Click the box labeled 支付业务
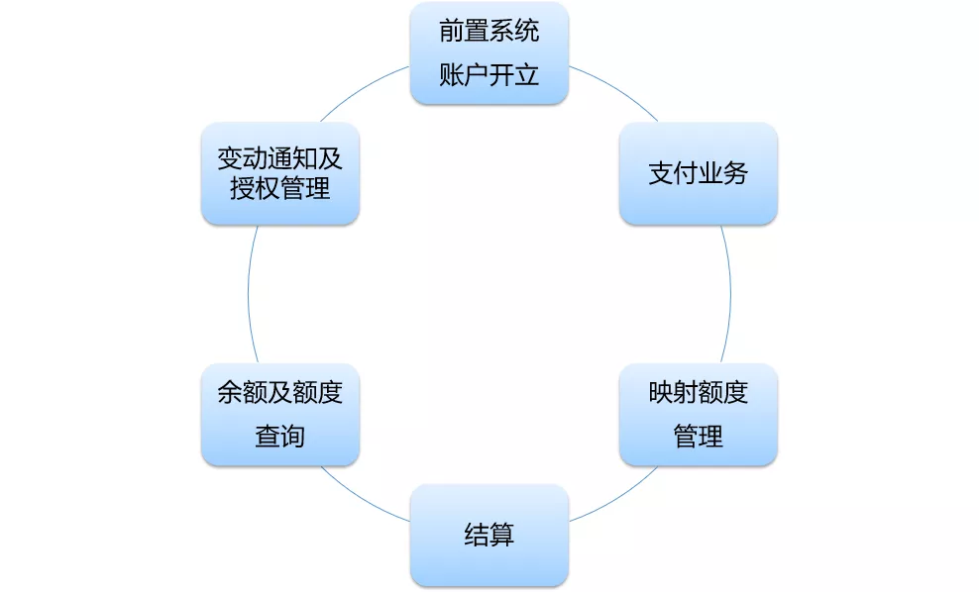tap(698, 173)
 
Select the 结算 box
tap(489, 535)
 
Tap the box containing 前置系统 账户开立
tap(489, 53)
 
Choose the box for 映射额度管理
tap(698, 414)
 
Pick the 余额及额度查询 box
tap(279, 414)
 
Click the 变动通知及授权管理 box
tap(279, 173)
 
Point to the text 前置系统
tap(489, 31)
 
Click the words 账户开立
tap(489, 75)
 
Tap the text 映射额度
tap(698, 392)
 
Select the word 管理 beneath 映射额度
tap(698, 436)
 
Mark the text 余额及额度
tap(279, 392)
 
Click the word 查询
tap(279, 436)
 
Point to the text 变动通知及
tap(279, 158)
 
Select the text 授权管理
tap(279, 188)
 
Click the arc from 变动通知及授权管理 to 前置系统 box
tap(363, 90)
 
